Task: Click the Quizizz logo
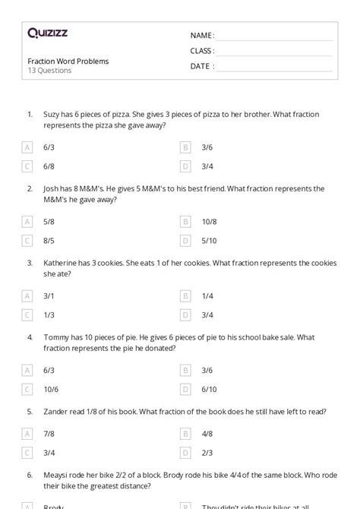(46, 33)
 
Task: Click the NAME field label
(202, 35)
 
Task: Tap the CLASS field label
(202, 51)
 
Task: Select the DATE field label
(201, 66)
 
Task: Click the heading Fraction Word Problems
(68, 61)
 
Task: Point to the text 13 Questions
(49, 71)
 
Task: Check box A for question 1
(28, 147)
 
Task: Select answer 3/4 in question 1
(207, 166)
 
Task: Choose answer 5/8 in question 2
(49, 222)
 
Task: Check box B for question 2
(185, 222)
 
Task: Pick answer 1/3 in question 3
(49, 315)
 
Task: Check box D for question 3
(185, 315)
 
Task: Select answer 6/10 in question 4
(209, 389)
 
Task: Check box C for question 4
(28, 389)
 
